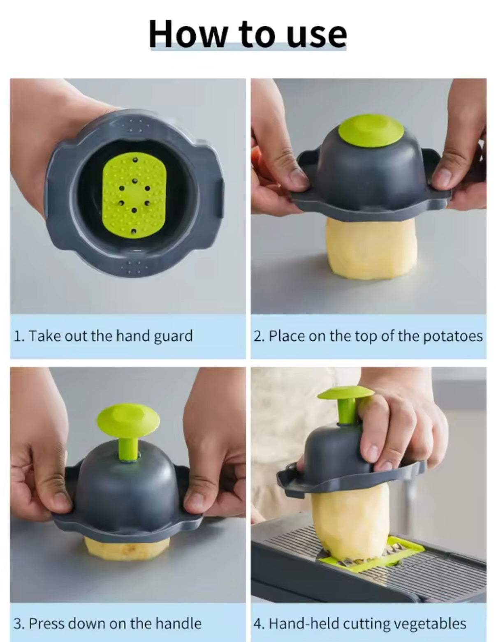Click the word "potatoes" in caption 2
tap(453, 336)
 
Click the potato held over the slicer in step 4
tap(350, 518)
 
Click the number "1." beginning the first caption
tap(19, 336)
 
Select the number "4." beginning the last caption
tap(259, 624)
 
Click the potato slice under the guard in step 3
tap(127, 549)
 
